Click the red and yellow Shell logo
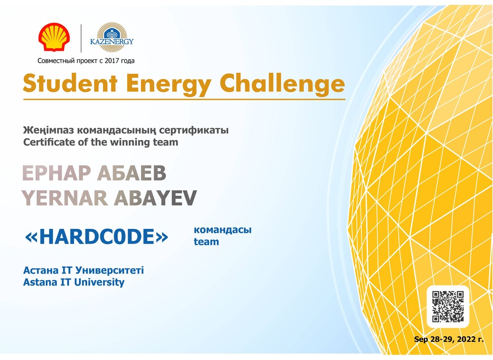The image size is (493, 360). click(x=54, y=37)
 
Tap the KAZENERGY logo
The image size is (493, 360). click(x=112, y=37)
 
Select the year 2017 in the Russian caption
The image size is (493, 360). click(x=112, y=61)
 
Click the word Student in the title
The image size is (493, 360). click(x=70, y=83)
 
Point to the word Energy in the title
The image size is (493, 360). click(x=169, y=85)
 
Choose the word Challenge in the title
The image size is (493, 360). click(x=282, y=84)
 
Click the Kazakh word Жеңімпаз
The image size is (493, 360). click(x=49, y=130)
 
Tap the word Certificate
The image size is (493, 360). click(x=49, y=142)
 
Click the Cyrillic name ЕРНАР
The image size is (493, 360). click(x=57, y=173)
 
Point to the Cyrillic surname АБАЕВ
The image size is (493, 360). click(x=132, y=173)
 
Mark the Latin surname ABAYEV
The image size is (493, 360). click(x=155, y=198)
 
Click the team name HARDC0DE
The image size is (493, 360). click(x=96, y=237)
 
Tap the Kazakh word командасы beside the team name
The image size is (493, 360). click(x=223, y=230)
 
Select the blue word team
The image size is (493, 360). click(x=206, y=242)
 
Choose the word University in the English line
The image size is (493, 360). click(x=100, y=283)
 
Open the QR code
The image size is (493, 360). click(x=448, y=307)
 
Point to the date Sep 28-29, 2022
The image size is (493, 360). click(x=449, y=339)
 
